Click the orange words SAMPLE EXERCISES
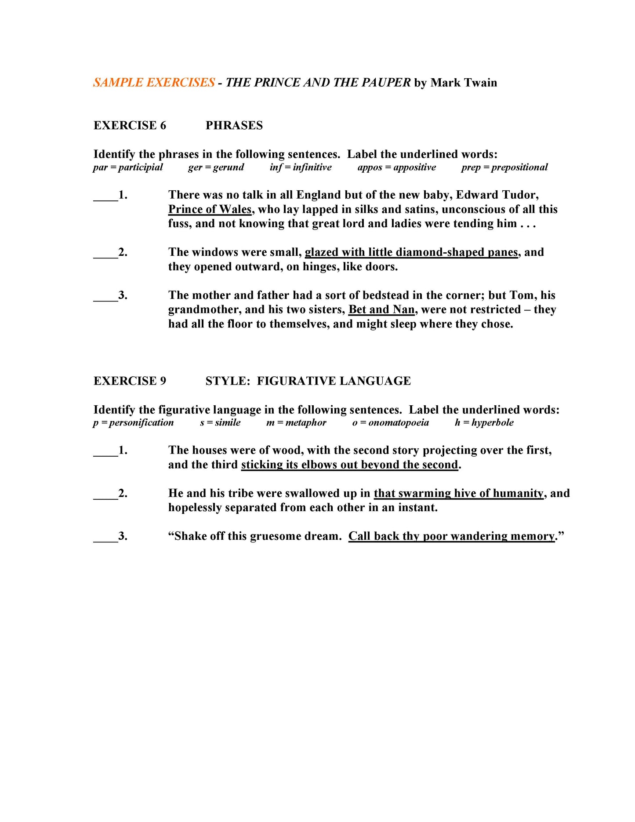point(154,83)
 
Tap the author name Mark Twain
point(464,83)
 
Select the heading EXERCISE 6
point(130,126)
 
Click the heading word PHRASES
point(234,126)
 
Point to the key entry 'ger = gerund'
point(216,167)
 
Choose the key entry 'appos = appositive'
point(396,167)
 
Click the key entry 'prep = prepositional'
point(504,167)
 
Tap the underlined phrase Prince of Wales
point(210,209)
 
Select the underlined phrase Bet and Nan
point(381,310)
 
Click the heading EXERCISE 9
point(130,381)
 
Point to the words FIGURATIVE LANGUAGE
point(334,381)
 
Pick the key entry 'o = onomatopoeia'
point(390,423)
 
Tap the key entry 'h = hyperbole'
point(484,423)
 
